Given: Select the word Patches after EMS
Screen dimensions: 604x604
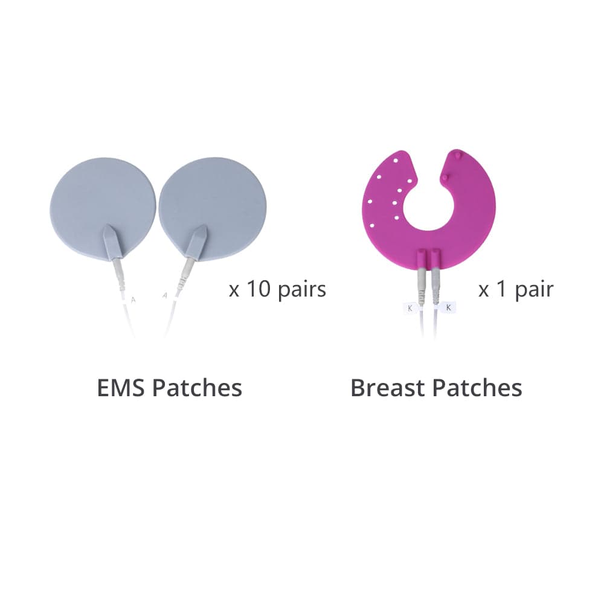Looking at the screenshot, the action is (x=198, y=388).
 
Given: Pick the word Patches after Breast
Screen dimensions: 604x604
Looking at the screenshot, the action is (x=477, y=388).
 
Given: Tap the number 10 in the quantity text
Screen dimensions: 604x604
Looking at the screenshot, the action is (x=259, y=289).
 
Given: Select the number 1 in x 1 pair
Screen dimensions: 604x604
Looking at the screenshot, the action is (x=501, y=289).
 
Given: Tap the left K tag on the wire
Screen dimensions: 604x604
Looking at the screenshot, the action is (x=410, y=308).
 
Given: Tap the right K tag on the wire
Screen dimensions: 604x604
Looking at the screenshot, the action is (x=448, y=307).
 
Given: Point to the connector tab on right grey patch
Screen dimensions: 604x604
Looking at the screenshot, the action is (x=197, y=242).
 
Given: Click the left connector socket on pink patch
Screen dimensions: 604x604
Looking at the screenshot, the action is (x=423, y=259).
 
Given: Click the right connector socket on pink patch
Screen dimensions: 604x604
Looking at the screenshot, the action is (x=435, y=259).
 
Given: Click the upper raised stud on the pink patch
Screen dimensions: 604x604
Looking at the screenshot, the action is (x=457, y=155).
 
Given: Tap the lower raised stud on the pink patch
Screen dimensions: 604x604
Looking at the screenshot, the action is (x=445, y=178).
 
